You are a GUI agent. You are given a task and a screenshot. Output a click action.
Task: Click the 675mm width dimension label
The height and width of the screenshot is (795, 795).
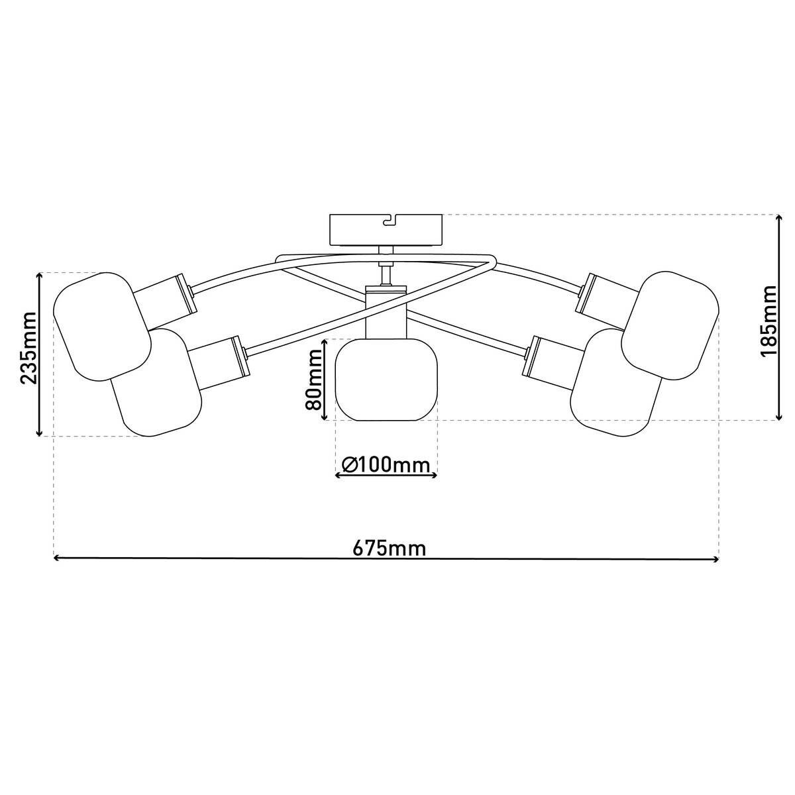point(389,549)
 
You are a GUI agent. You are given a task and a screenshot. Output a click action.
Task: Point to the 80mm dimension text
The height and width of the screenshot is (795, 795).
point(313,379)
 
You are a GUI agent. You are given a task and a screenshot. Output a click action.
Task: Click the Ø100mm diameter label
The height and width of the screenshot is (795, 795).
point(386,465)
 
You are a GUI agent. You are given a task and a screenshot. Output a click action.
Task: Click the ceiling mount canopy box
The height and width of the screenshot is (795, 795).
point(386,230)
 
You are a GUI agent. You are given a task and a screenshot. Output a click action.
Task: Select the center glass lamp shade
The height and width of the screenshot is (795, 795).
point(386,380)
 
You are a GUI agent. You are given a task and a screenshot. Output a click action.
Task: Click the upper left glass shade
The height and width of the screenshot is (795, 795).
point(102,326)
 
